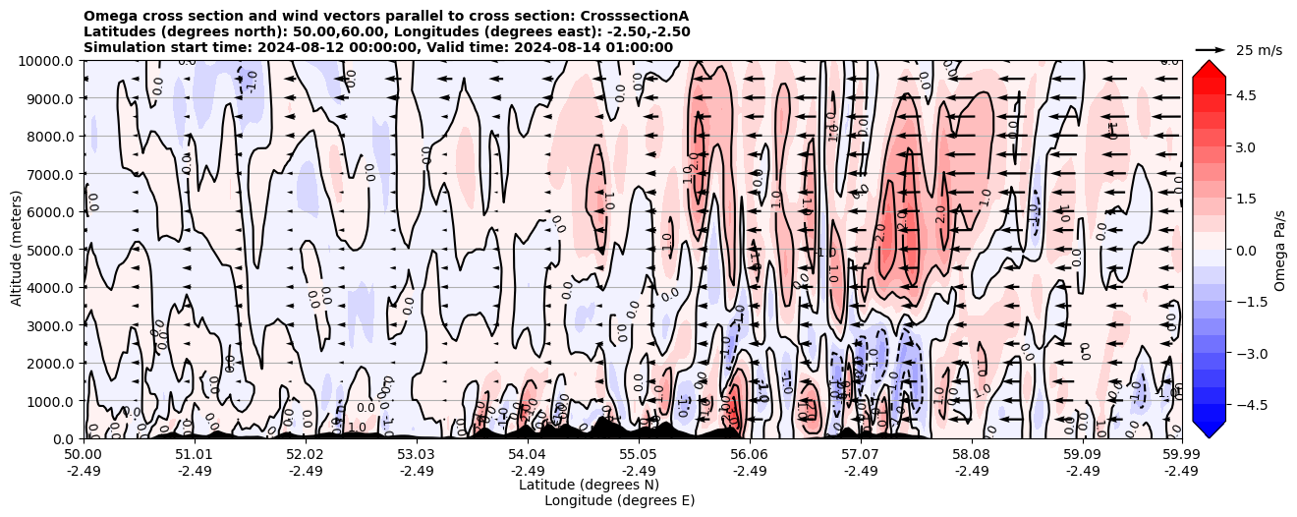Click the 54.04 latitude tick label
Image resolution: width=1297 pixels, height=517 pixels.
(528, 456)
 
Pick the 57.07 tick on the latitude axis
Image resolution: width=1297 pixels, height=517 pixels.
(861, 456)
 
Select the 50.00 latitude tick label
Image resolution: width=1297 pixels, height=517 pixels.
(84, 456)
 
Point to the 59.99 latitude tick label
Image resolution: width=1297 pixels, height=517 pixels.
(1181, 456)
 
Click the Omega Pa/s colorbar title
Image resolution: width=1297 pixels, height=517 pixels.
(1280, 250)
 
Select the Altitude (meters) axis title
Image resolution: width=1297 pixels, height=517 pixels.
(17, 250)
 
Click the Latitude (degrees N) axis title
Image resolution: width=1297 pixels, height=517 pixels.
(589, 485)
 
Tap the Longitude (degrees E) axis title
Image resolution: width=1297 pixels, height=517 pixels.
(619, 500)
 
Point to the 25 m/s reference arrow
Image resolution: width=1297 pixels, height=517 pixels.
(1210, 49)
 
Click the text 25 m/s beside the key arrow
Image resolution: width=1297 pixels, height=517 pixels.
(1259, 50)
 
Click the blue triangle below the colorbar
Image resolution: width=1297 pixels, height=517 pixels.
(1209, 429)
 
